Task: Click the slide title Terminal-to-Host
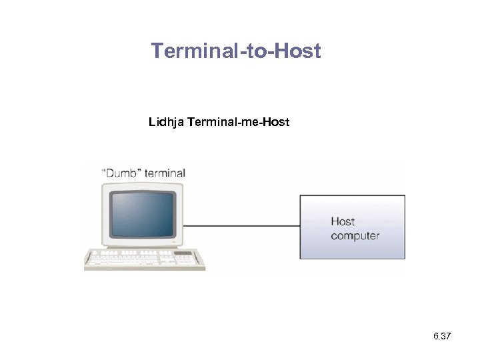click(236, 51)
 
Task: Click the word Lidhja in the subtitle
click(167, 123)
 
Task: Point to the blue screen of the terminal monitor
click(142, 213)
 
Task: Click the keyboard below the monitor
click(143, 258)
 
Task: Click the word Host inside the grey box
click(343, 221)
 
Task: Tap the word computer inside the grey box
click(355, 235)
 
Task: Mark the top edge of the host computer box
click(352, 195)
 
